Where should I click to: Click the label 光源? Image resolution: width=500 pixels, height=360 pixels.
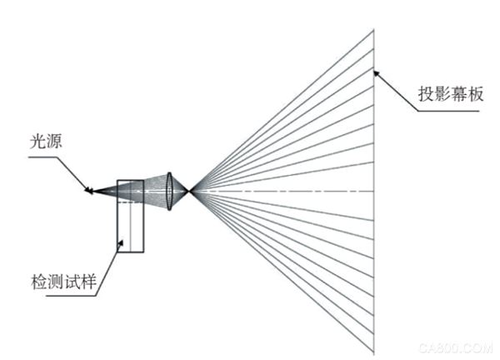coord(46,142)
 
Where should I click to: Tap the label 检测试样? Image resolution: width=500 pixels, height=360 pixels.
coord(64,282)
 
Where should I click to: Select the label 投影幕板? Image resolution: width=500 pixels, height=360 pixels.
coord(451,93)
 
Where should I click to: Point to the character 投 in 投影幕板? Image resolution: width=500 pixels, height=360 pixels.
coord(427,93)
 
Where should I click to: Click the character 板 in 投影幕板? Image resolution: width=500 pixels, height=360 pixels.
coord(476,93)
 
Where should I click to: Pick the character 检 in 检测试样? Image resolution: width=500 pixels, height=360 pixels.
coord(39,282)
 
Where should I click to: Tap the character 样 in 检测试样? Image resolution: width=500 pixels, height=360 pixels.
coord(88,282)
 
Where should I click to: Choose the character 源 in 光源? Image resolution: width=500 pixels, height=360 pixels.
coord(54,142)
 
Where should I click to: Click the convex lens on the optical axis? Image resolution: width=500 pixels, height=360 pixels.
coord(169,192)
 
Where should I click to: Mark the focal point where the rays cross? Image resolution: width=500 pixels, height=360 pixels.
coord(190,192)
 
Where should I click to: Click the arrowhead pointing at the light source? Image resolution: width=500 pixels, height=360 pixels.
coord(87,190)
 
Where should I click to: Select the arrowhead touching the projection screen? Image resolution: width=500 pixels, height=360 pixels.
coord(377,73)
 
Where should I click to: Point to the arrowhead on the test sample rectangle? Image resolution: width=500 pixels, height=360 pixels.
coord(121,242)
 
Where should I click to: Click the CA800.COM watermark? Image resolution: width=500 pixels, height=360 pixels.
coord(456,348)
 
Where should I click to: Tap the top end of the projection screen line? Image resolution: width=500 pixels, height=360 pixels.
coord(373,30)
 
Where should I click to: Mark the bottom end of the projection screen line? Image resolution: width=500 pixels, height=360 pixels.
coord(373,354)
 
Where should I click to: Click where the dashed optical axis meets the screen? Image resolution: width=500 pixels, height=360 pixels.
coord(373,192)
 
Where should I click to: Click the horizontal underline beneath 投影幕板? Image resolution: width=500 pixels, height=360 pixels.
coord(448,111)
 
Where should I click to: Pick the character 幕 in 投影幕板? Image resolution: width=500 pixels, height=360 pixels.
coord(459,93)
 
